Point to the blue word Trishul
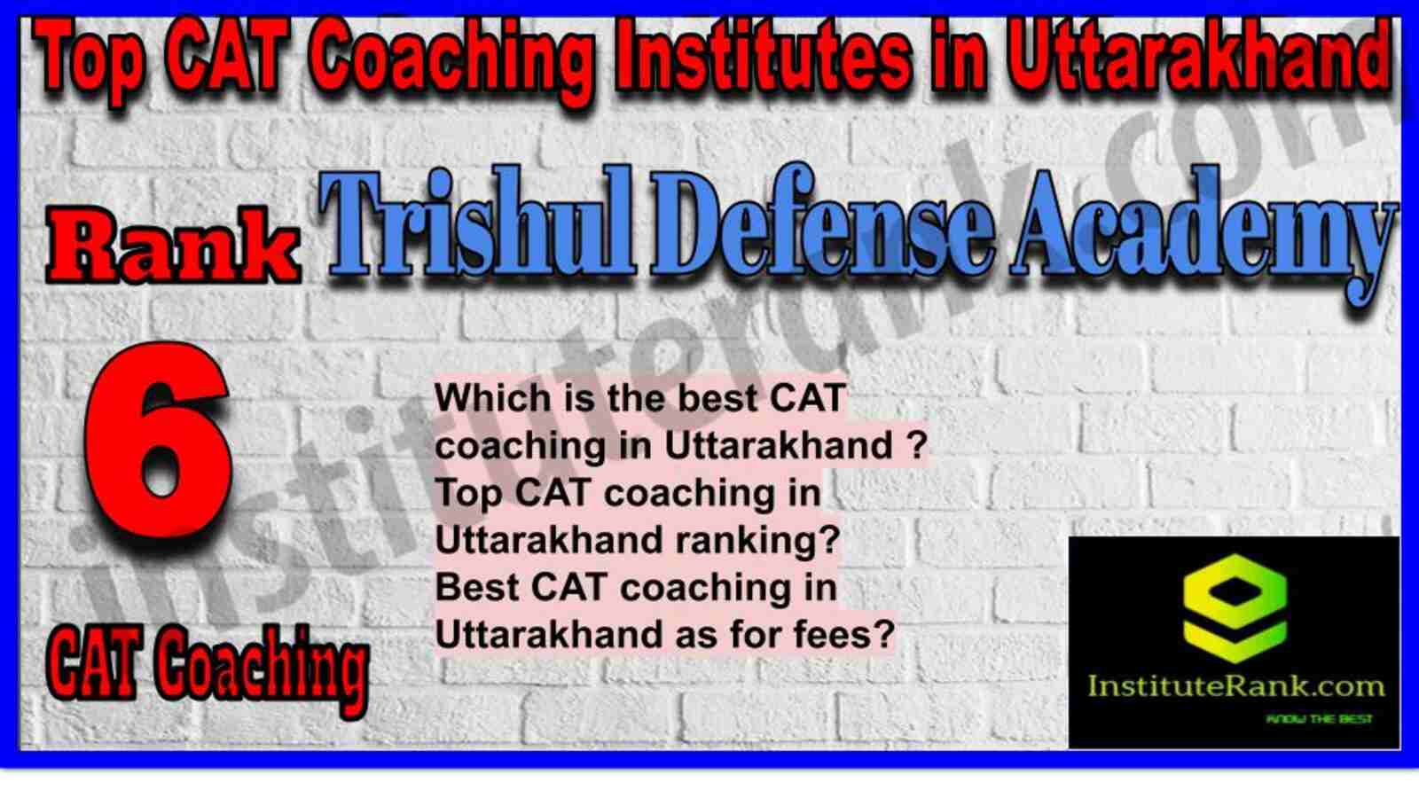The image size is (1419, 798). [476, 222]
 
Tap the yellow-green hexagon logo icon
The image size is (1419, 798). [1235, 608]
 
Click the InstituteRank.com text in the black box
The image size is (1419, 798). [1235, 686]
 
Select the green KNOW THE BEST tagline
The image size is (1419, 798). [1319, 719]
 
